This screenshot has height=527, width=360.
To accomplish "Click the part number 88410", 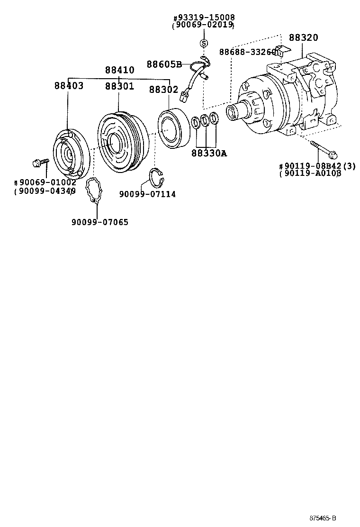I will click(x=119, y=70).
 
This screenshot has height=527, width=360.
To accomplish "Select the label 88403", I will click(x=69, y=86).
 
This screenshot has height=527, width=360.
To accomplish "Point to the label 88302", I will click(x=163, y=90).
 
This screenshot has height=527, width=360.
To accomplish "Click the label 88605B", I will click(x=164, y=64).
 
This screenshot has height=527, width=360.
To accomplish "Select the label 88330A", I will click(x=209, y=153).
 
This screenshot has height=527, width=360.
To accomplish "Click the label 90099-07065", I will click(x=99, y=222).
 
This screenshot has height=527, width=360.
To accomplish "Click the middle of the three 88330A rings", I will click(x=205, y=121).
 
